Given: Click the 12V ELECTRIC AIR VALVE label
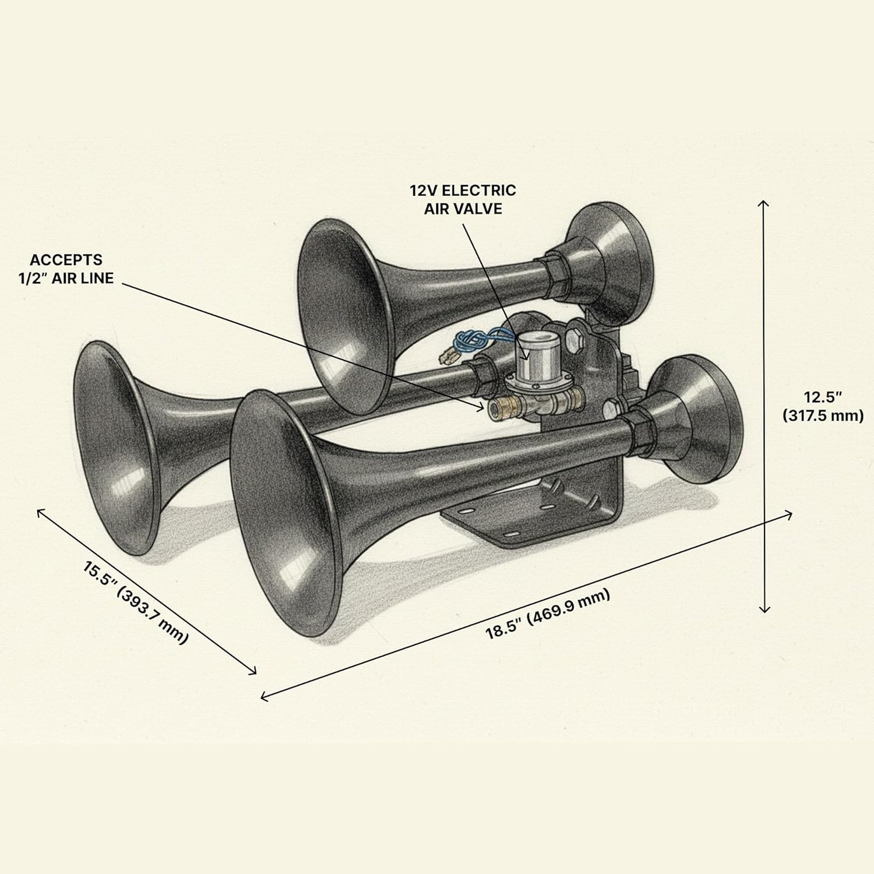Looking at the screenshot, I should (463, 199).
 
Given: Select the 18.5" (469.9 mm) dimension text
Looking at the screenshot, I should (548, 614).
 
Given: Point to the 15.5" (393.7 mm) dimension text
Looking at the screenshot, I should (136, 602).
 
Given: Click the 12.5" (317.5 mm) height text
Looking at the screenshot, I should (822, 406).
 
